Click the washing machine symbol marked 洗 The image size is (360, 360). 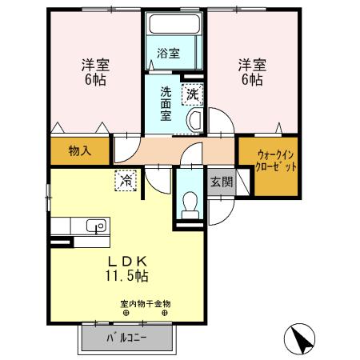193,94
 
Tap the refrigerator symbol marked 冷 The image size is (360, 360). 126,181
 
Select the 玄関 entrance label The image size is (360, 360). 222,182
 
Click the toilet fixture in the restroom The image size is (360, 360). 190,206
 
